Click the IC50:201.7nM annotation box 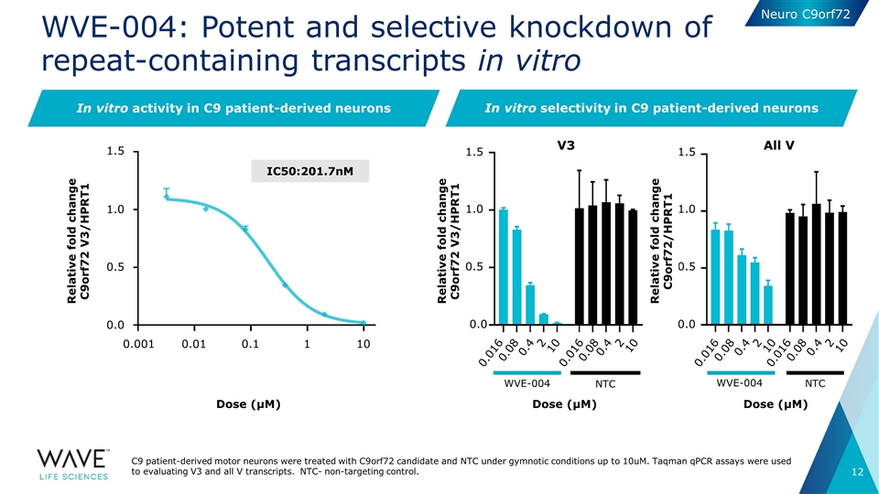click(x=310, y=171)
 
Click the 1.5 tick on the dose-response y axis click(x=115, y=152)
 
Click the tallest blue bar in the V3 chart click(x=503, y=266)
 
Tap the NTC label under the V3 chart click(x=604, y=384)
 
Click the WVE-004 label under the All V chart click(x=738, y=383)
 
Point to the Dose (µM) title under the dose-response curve click(x=248, y=404)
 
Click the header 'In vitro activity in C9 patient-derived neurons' click(x=233, y=109)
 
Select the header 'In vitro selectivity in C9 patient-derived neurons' click(x=651, y=109)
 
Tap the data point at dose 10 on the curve click(x=364, y=322)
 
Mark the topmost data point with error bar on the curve click(x=167, y=196)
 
